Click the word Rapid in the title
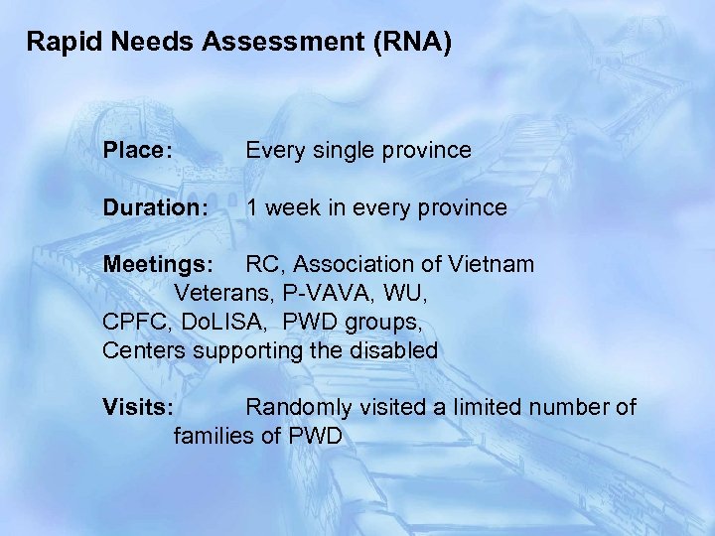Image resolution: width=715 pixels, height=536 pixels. [x=57, y=42]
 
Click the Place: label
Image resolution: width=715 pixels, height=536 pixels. [x=138, y=151]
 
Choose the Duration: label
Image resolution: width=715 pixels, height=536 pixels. [x=156, y=208]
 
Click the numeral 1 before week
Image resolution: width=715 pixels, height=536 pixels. [x=253, y=208]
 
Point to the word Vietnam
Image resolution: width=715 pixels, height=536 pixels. [x=490, y=265]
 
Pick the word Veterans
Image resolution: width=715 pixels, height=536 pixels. [x=219, y=294]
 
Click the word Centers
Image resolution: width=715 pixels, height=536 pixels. [x=143, y=350]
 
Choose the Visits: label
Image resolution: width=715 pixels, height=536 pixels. [x=138, y=407]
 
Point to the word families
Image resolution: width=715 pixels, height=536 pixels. [x=212, y=436]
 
